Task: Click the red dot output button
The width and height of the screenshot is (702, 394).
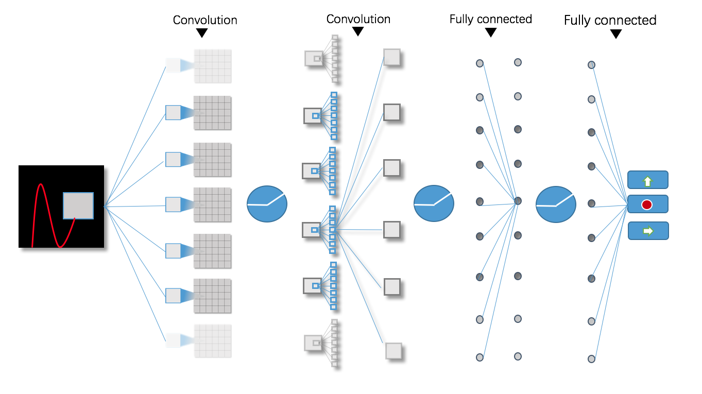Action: (647, 204)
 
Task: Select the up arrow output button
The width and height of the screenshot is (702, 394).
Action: (647, 180)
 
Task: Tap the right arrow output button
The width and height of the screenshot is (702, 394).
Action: (647, 231)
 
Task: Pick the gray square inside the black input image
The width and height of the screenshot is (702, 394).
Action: (78, 205)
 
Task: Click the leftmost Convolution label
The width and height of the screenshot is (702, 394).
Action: (205, 20)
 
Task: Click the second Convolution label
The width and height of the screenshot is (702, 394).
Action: (358, 19)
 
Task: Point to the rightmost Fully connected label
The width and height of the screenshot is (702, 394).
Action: (610, 20)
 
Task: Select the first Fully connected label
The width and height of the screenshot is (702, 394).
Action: (490, 19)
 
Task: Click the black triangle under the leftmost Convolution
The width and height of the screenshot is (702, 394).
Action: (202, 33)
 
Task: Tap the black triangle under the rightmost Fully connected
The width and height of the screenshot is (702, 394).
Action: (615, 35)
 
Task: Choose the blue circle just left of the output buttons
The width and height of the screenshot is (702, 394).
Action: (555, 204)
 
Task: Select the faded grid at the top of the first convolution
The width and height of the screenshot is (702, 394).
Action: (212, 66)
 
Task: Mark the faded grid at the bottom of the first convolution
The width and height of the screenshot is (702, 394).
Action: (212, 340)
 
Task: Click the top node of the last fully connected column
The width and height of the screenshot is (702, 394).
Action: (592, 65)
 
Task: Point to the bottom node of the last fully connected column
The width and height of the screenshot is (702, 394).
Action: (592, 359)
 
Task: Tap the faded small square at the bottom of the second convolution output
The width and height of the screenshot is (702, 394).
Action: (393, 351)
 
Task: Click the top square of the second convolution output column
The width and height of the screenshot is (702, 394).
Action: (392, 57)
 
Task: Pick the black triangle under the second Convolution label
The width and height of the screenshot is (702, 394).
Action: (358, 32)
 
